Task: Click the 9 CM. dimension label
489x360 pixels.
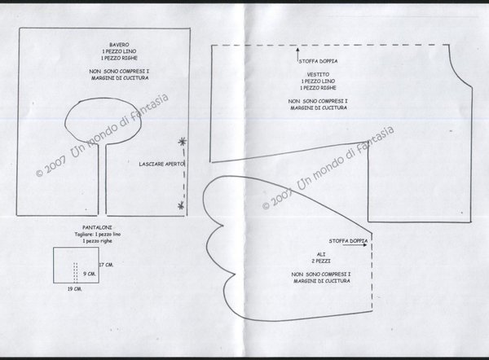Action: (92, 274)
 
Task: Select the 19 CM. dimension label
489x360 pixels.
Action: (73, 288)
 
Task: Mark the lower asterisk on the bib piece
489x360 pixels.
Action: (180, 208)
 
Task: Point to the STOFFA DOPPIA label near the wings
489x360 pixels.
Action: (348, 241)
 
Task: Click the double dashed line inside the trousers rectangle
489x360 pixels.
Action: (75, 271)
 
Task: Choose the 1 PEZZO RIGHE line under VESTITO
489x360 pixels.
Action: (314, 88)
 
